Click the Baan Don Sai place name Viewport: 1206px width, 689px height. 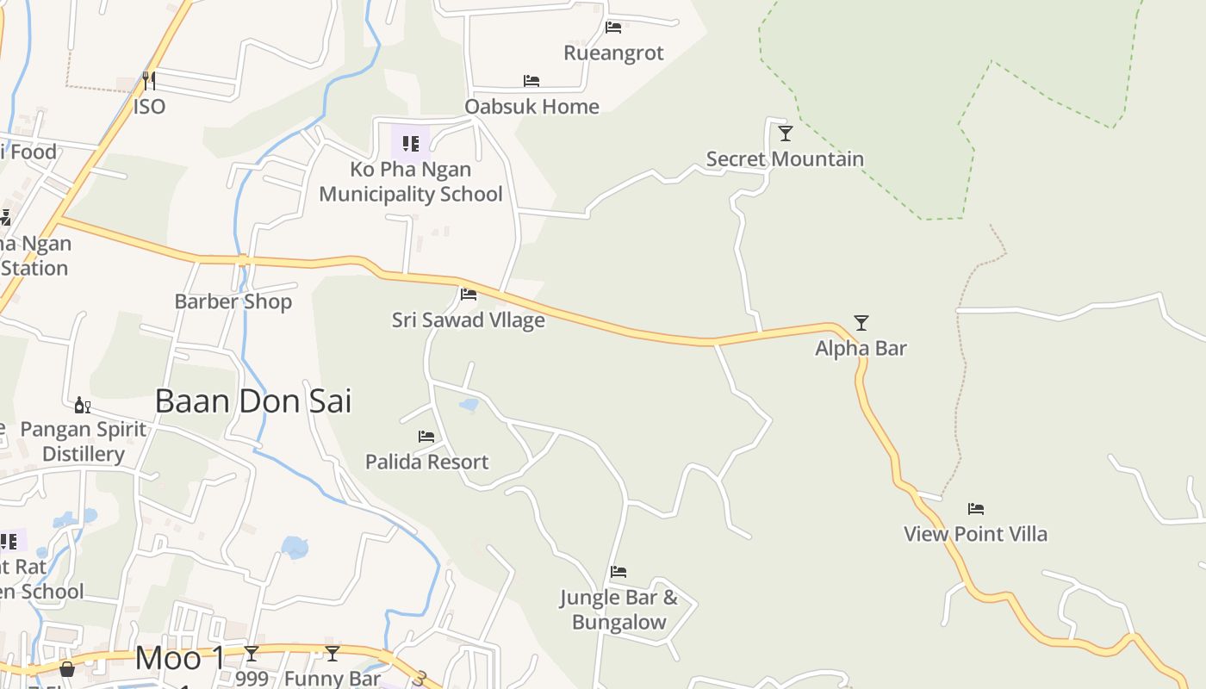click(x=253, y=401)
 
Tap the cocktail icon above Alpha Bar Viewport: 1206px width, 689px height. click(x=861, y=323)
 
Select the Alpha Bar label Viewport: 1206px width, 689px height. click(x=861, y=349)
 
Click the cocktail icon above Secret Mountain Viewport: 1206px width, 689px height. click(x=785, y=133)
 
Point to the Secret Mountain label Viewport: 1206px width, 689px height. click(x=785, y=158)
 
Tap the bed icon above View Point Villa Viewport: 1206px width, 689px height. click(x=975, y=509)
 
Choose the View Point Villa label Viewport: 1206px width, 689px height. click(x=975, y=534)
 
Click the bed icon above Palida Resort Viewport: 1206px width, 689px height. click(x=426, y=437)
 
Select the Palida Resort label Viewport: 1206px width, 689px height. click(x=426, y=462)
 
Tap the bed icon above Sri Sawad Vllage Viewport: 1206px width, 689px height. click(x=469, y=295)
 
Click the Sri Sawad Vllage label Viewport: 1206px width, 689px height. click(x=469, y=320)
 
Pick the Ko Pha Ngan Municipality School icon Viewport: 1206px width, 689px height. click(x=411, y=144)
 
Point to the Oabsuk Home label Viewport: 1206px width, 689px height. click(x=532, y=107)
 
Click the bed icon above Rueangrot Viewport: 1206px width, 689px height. click(x=613, y=28)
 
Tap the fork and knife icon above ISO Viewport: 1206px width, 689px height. click(x=149, y=81)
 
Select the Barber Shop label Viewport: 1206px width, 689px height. click(x=233, y=301)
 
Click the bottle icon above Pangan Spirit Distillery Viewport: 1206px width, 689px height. click(x=83, y=405)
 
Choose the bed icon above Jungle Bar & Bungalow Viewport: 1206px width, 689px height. click(x=619, y=572)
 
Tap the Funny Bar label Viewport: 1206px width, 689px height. click(x=333, y=678)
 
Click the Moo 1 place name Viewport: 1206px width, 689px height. click(x=180, y=659)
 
